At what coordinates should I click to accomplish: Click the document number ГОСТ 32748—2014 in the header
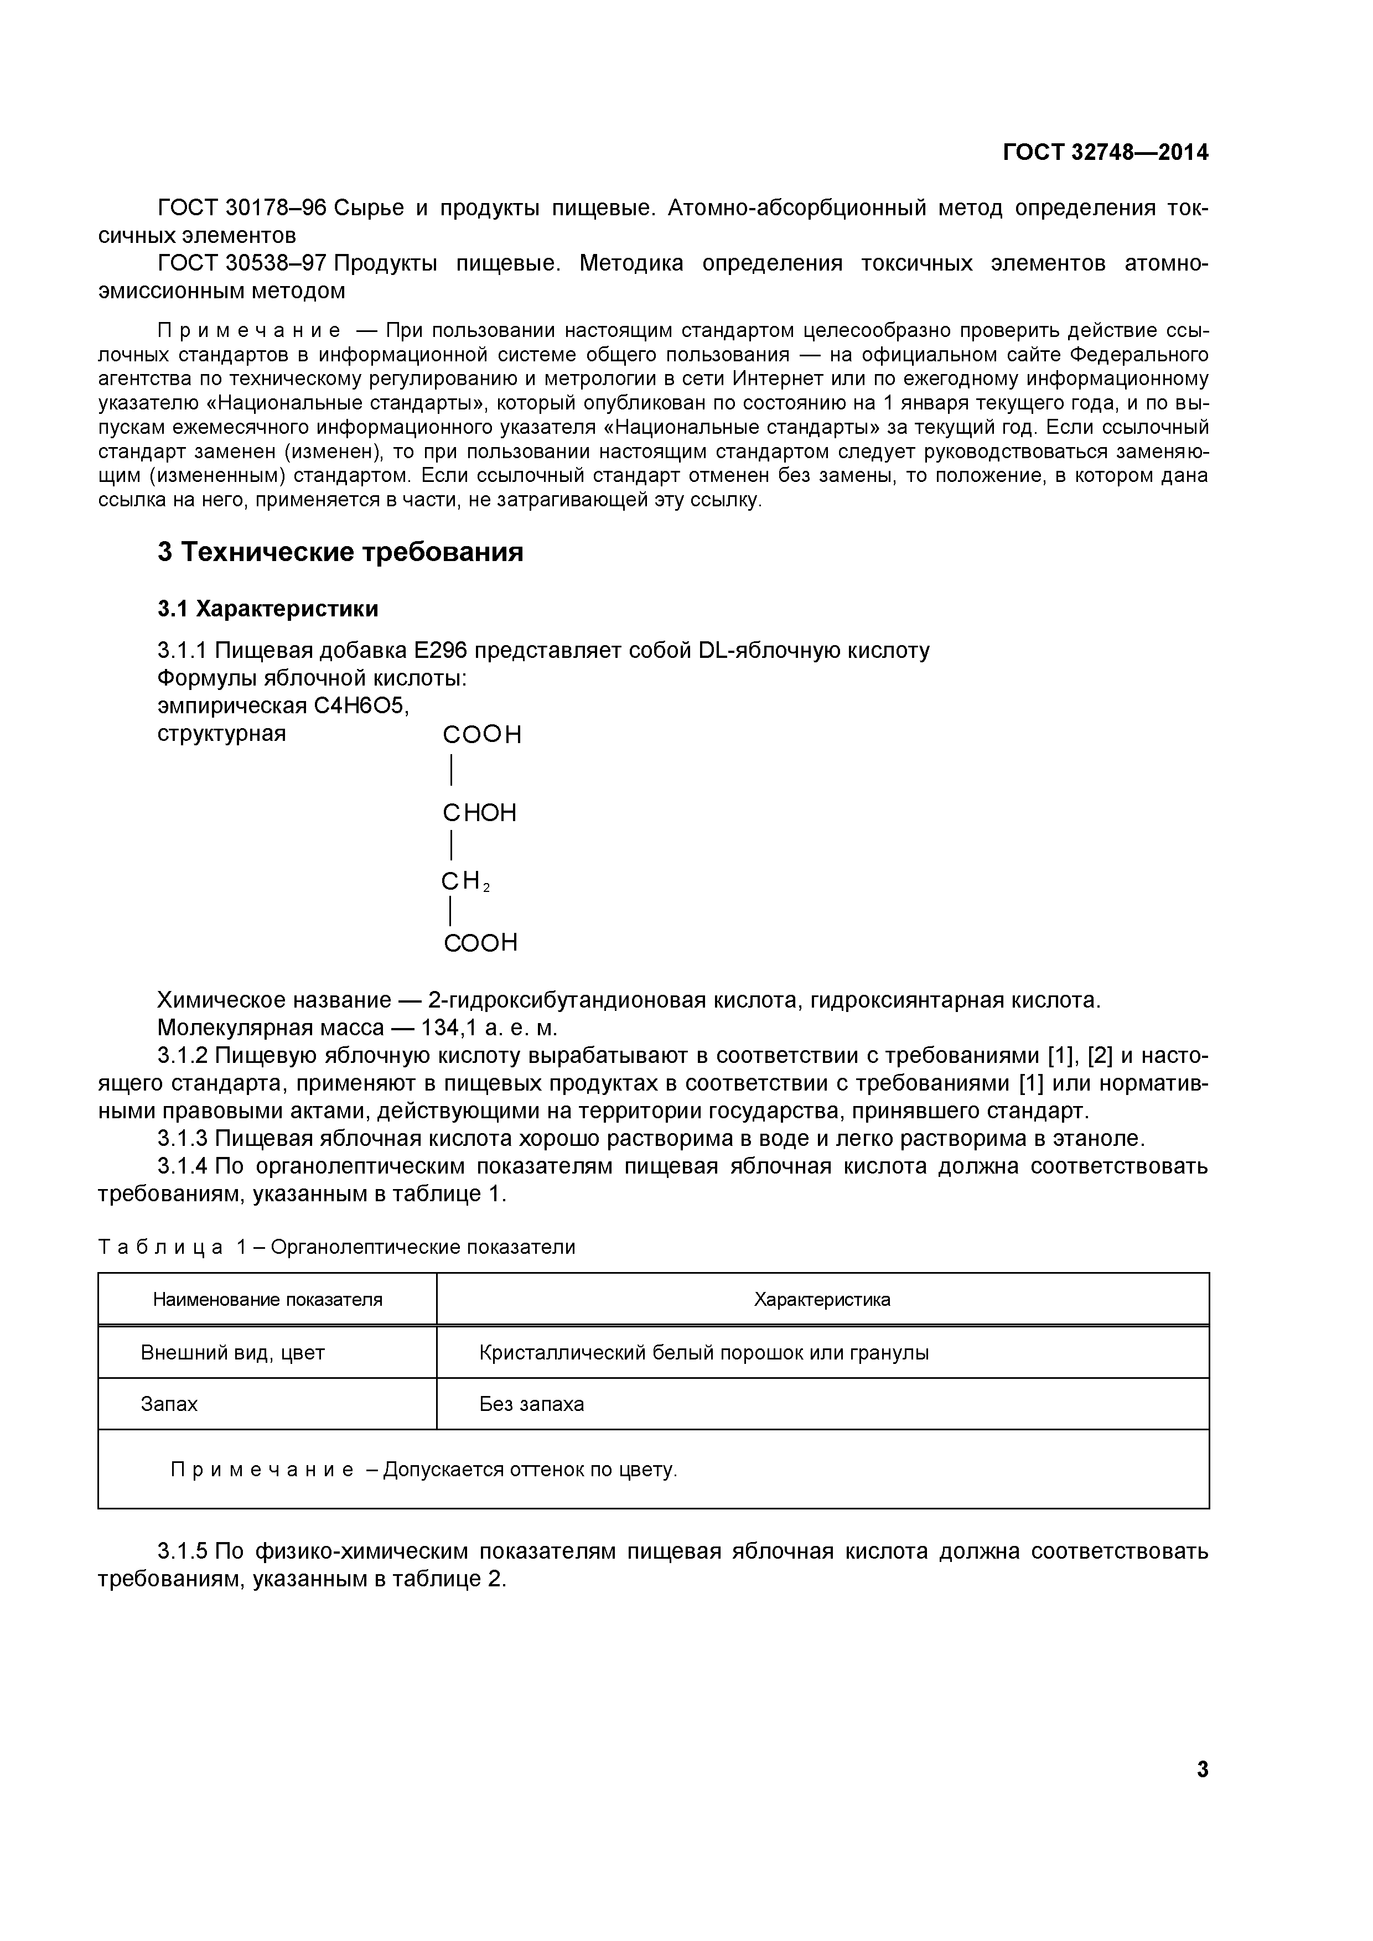(x=1105, y=152)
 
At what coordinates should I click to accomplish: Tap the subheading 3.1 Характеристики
(x=267, y=609)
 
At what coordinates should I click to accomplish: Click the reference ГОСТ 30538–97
(x=242, y=264)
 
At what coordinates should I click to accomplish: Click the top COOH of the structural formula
(x=482, y=735)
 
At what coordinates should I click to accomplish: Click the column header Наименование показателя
(x=267, y=1299)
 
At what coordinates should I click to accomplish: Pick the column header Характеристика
(x=822, y=1299)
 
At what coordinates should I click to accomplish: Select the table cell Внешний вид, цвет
(x=232, y=1353)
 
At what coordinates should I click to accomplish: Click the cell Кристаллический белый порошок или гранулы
(x=703, y=1353)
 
